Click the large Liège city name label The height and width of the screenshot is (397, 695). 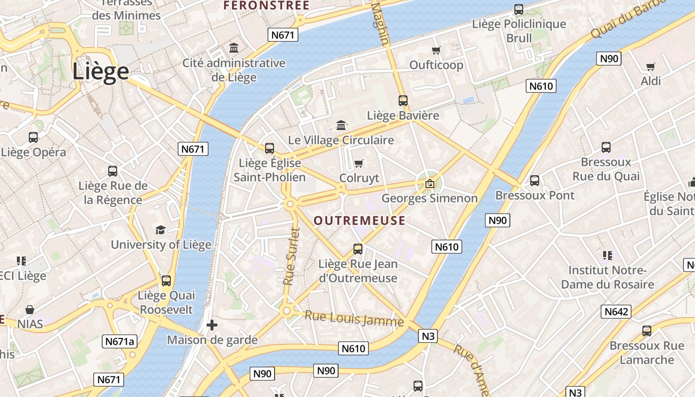[x=101, y=71]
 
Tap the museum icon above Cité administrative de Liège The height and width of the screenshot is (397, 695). [x=234, y=48]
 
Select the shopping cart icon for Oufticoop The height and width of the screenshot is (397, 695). [x=436, y=50]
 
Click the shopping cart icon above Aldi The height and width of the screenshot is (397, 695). [x=651, y=66]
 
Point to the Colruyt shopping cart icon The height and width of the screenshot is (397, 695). [x=359, y=163]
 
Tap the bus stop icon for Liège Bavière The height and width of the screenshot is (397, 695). [x=403, y=101]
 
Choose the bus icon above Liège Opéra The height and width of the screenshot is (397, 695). [x=33, y=137]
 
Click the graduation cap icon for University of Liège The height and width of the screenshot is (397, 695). [x=160, y=230]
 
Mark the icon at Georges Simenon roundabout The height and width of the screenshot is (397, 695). [x=430, y=184]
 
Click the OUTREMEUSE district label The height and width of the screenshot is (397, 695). [x=360, y=221]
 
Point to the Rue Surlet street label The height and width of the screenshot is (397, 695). [x=292, y=256]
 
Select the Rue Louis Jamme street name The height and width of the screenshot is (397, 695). [x=354, y=318]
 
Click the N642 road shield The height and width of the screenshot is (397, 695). [x=616, y=312]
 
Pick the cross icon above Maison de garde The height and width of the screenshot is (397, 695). [x=212, y=326]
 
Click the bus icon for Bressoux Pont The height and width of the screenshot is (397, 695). [x=535, y=181]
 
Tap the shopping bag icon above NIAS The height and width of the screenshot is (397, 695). [x=30, y=310]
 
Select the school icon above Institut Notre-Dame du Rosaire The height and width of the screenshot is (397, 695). [x=607, y=256]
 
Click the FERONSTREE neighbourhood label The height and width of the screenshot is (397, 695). [x=266, y=6]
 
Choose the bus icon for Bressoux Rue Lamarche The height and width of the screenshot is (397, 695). [x=647, y=331]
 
